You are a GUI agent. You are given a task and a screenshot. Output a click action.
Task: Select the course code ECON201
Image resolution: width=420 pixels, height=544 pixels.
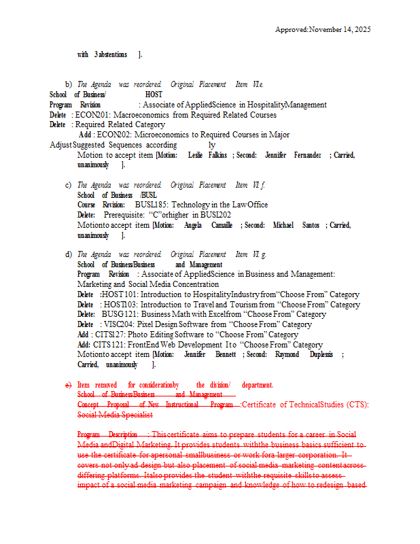pyautogui.click(x=91, y=115)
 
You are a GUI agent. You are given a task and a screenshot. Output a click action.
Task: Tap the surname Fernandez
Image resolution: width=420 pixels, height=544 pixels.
pyautogui.click(x=307, y=155)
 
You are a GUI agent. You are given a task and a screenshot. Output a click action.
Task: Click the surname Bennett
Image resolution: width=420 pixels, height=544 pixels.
pyautogui.click(x=225, y=354)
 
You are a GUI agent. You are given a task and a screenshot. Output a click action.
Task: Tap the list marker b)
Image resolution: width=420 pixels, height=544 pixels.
pyautogui.click(x=68, y=84)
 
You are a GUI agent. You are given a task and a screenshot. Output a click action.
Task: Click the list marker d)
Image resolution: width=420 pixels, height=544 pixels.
pyautogui.click(x=68, y=254)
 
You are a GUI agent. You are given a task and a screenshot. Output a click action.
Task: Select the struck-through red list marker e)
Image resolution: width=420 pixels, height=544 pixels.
pyautogui.click(x=68, y=385)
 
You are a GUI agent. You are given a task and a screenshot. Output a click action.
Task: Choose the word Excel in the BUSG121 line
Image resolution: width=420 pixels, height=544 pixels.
pyautogui.click(x=216, y=314)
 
